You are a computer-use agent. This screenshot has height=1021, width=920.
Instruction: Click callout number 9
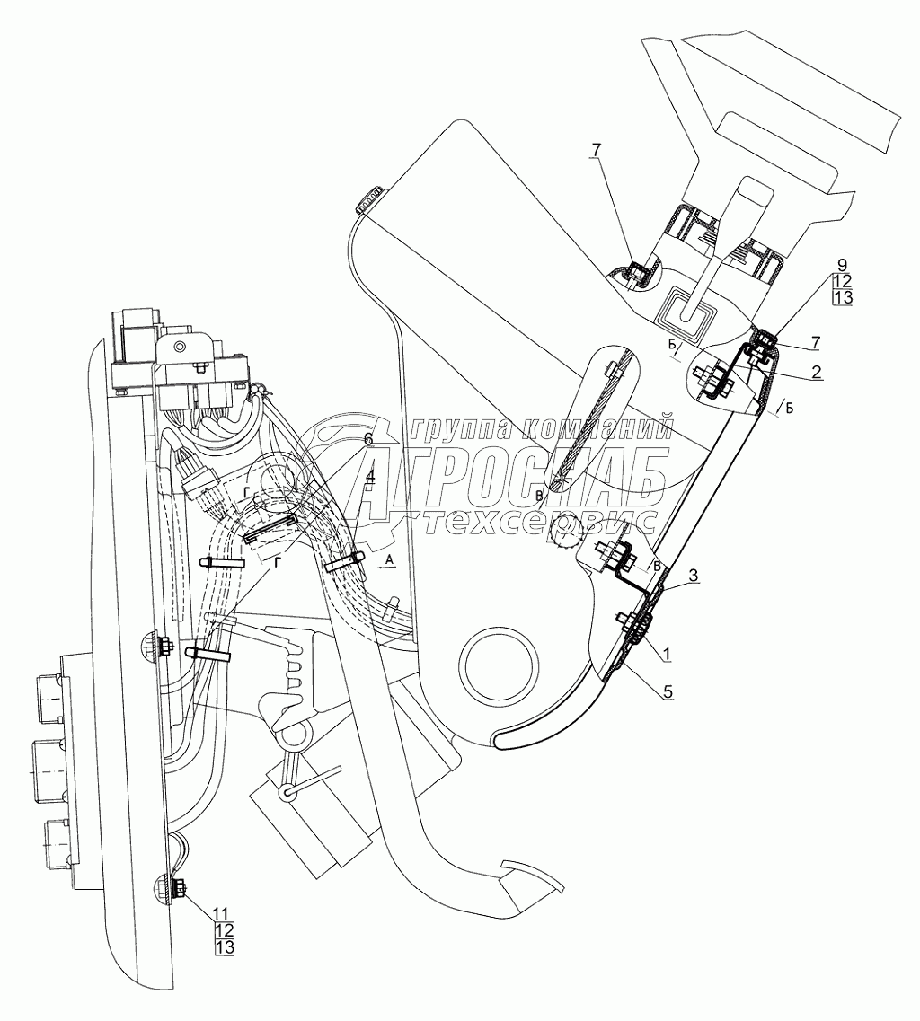click(x=841, y=266)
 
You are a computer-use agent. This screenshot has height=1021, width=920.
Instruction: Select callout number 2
click(x=816, y=369)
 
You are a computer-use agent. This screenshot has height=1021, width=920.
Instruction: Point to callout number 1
click(x=666, y=653)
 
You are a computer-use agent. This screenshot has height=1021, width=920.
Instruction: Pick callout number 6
click(x=367, y=439)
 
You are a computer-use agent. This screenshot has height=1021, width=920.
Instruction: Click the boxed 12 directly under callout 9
click(x=841, y=282)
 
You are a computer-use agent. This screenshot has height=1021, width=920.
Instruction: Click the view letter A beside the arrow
click(x=388, y=558)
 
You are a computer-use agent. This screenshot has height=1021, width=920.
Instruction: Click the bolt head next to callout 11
click(x=177, y=891)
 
